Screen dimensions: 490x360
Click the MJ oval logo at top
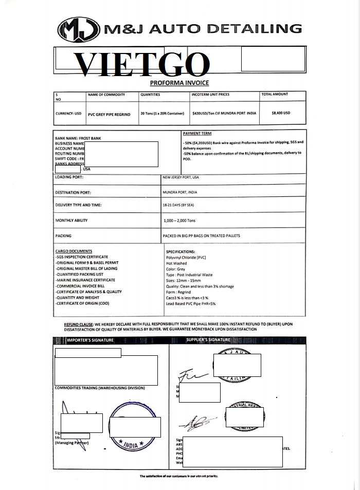(79, 29)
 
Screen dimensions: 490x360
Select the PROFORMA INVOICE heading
(179, 83)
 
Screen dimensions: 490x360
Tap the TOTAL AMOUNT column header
(275, 95)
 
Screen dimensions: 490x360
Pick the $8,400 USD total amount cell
(281, 113)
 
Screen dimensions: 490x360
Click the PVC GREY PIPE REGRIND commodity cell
(109, 114)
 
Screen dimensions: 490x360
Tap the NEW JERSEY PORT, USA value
(181, 177)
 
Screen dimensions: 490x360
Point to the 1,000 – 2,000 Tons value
(179, 221)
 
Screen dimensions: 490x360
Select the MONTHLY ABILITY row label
(71, 221)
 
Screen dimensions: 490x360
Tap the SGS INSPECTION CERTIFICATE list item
(82, 257)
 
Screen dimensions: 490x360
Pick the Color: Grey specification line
(175, 269)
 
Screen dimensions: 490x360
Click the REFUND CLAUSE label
(78, 324)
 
